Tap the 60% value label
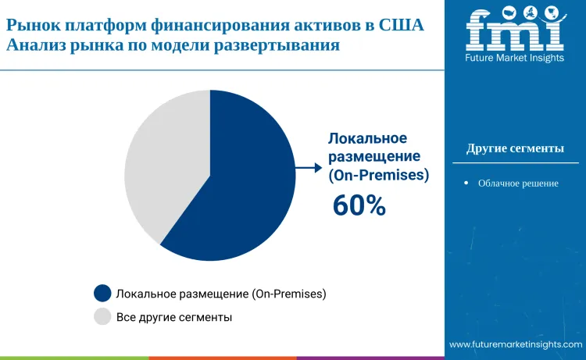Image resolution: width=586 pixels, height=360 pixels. click(359, 205)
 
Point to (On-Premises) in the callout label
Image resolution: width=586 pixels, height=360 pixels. click(378, 175)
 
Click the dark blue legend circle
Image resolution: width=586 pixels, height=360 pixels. click(102, 294)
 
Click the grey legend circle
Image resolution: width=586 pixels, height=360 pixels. click(102, 317)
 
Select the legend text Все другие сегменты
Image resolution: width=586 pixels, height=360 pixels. click(173, 317)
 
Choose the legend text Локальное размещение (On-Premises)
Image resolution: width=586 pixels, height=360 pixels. click(220, 294)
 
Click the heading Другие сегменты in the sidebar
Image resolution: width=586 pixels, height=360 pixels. click(515, 148)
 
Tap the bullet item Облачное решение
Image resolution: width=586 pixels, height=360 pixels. click(518, 184)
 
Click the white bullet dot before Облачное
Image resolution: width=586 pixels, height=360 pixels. click(466, 184)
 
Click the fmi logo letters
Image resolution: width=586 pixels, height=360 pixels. click(515, 31)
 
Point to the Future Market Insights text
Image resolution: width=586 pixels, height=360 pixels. click(515, 58)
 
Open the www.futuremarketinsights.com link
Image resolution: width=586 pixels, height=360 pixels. click(516, 344)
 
